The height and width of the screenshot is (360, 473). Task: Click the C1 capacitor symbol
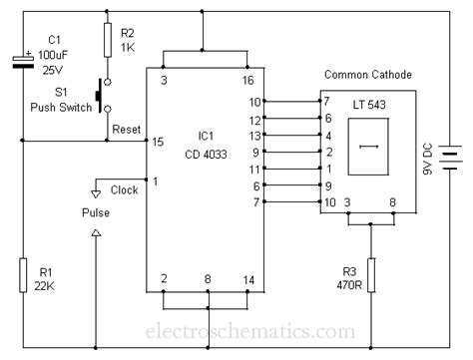click(22, 62)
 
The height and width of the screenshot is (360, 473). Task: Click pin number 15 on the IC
click(158, 143)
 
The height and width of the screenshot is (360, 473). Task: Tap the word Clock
click(125, 189)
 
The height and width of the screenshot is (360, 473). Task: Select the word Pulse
click(97, 212)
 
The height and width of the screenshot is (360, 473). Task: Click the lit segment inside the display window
click(368, 148)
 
